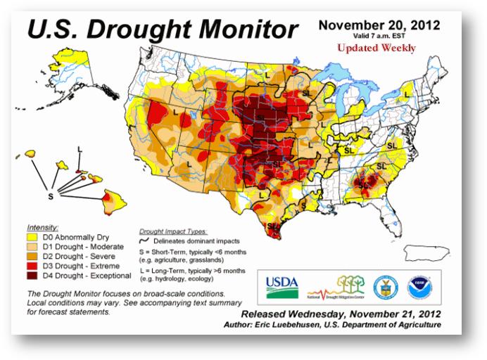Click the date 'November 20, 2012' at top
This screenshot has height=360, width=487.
pyautogui.click(x=379, y=25)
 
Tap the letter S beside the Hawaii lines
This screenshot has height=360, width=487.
pyautogui.click(x=51, y=196)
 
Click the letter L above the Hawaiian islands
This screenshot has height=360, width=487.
pyautogui.click(x=80, y=149)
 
